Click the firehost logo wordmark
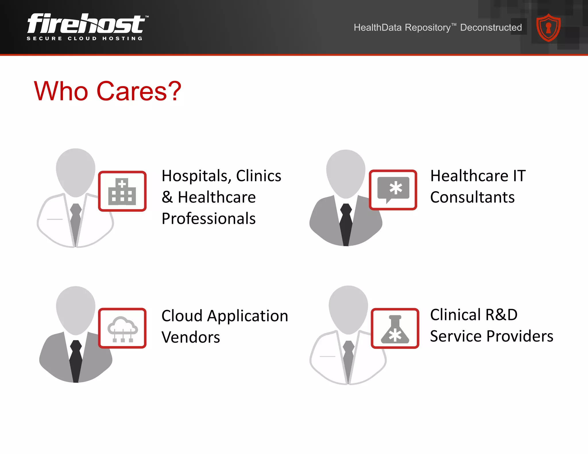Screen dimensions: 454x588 point(86,24)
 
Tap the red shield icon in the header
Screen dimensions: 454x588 point(548,28)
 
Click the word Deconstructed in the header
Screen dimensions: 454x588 point(491,28)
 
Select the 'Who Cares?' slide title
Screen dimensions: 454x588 point(108,91)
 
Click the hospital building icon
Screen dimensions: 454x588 point(122,191)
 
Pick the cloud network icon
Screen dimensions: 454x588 point(123,329)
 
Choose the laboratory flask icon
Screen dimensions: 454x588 point(395,329)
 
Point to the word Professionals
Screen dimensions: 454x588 point(208,219)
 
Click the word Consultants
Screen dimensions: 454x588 point(472,197)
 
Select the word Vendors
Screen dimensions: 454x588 point(191,337)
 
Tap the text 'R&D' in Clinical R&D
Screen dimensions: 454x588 point(502,315)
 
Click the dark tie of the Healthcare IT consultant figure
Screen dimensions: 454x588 point(346,224)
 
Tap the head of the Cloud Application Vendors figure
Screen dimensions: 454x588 point(76,310)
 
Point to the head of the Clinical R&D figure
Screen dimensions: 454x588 point(348,309)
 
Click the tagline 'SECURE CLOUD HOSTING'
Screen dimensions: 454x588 point(85,38)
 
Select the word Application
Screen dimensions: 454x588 point(247,316)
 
